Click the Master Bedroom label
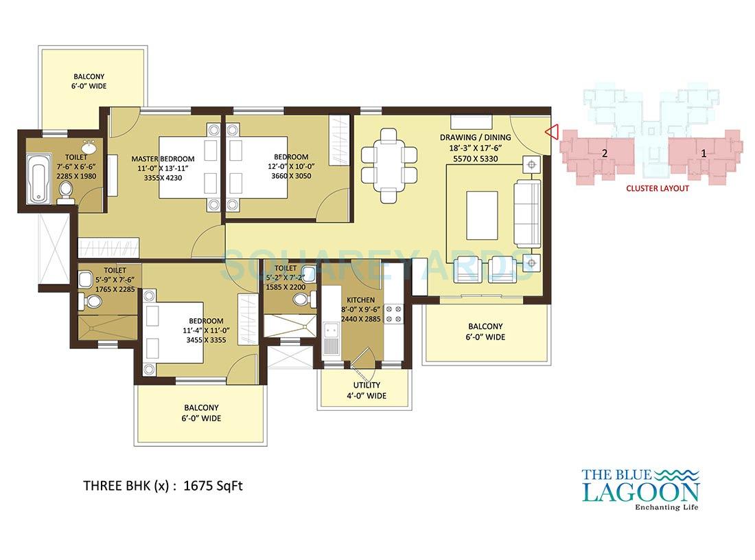163,159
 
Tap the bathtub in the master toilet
36,179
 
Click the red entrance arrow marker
550,131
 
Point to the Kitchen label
360,300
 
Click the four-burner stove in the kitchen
395,313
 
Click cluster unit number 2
605,153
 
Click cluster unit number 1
704,153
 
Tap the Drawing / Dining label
476,137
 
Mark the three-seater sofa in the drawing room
526,214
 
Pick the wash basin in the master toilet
89,146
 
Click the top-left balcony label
90,81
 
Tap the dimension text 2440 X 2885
360,320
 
